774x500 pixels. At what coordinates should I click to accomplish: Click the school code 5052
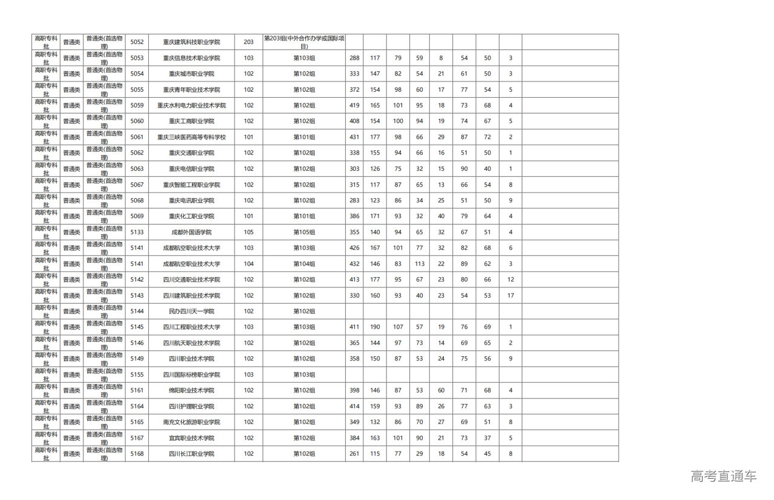coord(137,42)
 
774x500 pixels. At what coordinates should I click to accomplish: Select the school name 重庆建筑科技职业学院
coord(191,42)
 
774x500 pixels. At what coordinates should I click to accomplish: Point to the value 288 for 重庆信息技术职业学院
coord(354,58)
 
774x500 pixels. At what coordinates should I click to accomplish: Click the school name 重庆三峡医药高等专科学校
coord(191,137)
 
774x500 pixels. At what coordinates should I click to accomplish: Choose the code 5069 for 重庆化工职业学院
coord(137,216)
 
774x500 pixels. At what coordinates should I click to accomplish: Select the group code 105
coord(249,232)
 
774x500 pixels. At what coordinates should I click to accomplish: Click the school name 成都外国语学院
coord(191,232)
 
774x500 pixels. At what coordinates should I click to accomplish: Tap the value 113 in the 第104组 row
coord(420,264)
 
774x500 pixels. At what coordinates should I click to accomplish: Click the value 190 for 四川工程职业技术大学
coord(375,327)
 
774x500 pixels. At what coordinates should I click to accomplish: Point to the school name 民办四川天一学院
coord(191,312)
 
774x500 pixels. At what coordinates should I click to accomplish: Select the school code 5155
coord(137,374)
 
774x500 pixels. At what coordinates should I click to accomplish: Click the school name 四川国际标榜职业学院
coord(191,374)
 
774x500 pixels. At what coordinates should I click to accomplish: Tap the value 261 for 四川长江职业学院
coord(354,454)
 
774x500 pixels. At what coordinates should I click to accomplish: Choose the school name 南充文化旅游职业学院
coord(191,422)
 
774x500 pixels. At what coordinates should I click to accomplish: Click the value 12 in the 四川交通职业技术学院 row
coord(511,280)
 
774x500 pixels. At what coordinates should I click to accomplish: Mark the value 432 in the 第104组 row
coord(354,264)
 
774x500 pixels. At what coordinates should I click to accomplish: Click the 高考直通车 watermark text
coord(723,476)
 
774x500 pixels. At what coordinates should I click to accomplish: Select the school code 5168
coord(137,454)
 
